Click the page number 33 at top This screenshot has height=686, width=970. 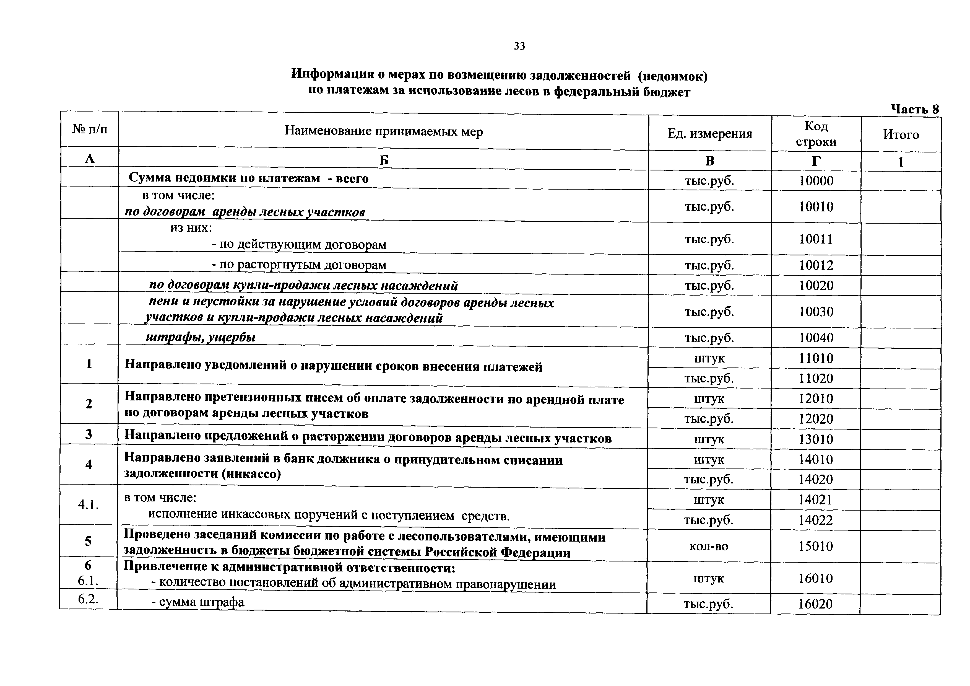519,46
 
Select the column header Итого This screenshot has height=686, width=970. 901,134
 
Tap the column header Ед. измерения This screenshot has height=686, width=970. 710,134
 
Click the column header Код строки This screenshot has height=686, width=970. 816,134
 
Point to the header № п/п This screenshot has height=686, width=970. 90,129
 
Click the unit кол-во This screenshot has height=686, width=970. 709,546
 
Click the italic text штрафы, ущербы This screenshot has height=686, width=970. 201,337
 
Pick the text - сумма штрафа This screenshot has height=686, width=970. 198,602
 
